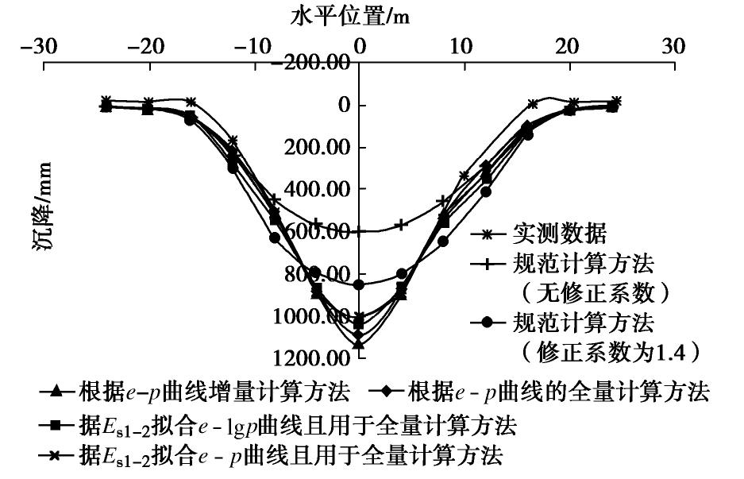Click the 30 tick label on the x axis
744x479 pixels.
pos(673,46)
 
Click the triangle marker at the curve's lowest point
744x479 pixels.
pos(359,344)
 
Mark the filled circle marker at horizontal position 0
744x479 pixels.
pos(359,284)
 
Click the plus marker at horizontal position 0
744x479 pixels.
pos(359,231)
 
